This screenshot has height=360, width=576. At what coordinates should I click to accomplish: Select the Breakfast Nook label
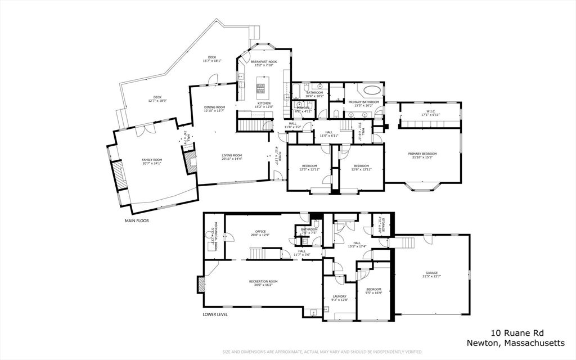[x=263, y=61]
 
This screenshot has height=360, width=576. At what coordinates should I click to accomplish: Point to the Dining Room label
[x=214, y=107]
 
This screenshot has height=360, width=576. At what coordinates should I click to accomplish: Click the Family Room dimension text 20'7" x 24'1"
[x=151, y=164]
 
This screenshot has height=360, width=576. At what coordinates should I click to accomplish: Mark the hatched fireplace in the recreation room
[x=201, y=285]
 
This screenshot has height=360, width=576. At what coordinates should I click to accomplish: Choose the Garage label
[x=432, y=273]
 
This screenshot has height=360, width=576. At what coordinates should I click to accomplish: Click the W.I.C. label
[x=431, y=111]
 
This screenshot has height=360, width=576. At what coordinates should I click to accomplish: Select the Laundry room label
[x=340, y=296]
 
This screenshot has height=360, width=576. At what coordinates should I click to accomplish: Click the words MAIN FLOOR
[x=137, y=221]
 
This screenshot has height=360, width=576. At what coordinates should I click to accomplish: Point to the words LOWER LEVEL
[x=215, y=314]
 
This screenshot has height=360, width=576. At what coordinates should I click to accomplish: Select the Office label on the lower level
[x=260, y=231]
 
